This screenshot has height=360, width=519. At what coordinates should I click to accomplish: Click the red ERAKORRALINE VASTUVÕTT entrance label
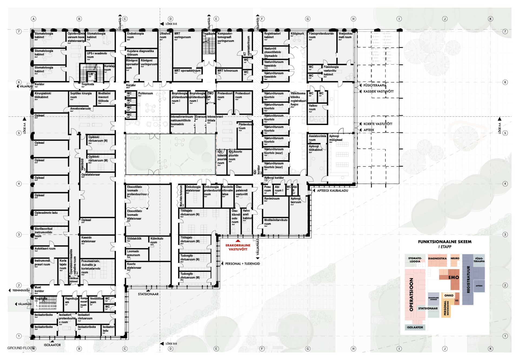[x=238, y=247]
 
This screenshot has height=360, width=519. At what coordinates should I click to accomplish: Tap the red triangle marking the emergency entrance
[x=238, y=241]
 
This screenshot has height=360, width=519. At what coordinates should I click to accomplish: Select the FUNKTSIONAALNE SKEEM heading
[x=445, y=242]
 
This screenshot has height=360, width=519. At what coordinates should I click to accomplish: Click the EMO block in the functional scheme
[x=454, y=277]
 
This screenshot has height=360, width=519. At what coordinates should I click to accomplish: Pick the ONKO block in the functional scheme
[x=449, y=295]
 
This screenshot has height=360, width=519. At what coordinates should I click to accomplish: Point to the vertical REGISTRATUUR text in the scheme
[x=468, y=279]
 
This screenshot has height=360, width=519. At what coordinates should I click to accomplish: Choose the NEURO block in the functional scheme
[x=455, y=258]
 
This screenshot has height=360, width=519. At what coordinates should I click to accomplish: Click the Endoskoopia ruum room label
[x=135, y=35]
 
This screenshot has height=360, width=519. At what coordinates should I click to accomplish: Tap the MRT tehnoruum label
[x=228, y=71]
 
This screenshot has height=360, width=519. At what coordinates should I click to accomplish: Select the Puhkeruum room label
[x=145, y=94]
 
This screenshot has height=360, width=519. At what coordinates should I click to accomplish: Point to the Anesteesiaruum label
[x=81, y=109]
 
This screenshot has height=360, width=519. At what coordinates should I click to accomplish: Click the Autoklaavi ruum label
[x=45, y=249]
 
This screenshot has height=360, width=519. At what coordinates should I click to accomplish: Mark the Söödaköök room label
[x=134, y=239]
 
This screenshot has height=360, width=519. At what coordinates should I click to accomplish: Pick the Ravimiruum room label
[x=272, y=199]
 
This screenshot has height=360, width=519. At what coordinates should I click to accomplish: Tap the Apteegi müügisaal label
[x=336, y=138]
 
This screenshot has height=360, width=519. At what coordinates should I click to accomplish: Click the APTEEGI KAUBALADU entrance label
[x=332, y=191]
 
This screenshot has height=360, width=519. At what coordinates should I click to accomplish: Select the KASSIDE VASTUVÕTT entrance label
[x=378, y=92]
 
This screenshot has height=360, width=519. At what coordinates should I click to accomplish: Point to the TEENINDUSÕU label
[x=21, y=291]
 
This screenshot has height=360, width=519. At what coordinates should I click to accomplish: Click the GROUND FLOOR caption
[x=21, y=348]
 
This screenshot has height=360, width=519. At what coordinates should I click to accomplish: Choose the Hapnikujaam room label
[x=71, y=300]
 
